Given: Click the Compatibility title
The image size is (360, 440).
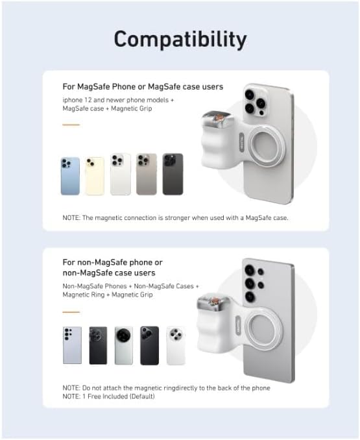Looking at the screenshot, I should pos(180,39).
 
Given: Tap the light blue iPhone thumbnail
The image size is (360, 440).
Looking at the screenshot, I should pos(70,176).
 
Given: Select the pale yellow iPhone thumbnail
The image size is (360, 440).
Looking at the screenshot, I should pos(95,176).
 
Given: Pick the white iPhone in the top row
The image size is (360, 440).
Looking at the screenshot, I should pos(120,174).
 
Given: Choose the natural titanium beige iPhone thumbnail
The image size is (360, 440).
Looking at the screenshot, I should pos(147,174).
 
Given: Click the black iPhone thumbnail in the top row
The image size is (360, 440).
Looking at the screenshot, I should pos(173,174).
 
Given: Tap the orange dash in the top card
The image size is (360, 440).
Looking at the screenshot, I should pos(71,125).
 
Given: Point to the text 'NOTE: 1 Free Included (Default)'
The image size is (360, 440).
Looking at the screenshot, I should pos(109,396).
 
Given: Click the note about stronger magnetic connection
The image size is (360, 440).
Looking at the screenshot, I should pos(175,217).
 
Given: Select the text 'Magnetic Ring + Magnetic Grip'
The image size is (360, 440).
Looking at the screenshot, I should pos(108,295).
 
